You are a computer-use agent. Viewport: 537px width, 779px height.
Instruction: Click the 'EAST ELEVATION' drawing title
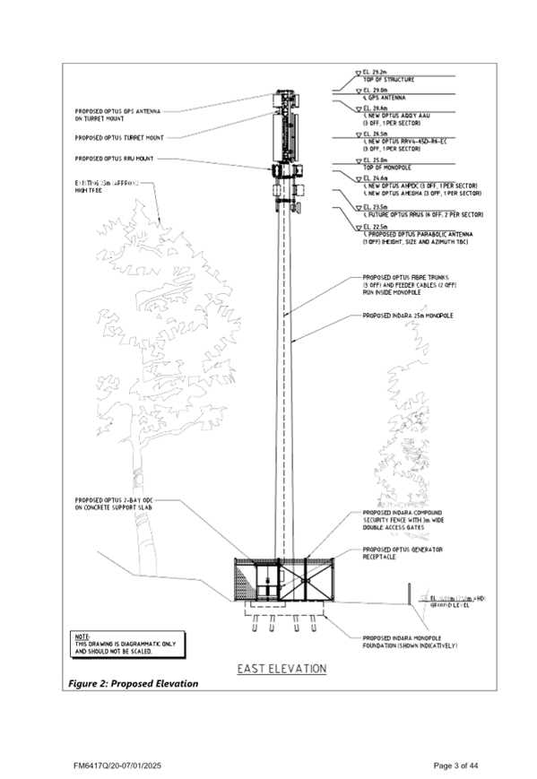(x=281, y=669)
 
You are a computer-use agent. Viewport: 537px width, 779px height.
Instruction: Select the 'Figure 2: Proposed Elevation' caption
(x=134, y=684)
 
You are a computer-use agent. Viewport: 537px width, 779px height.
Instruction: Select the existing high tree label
(x=110, y=186)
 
